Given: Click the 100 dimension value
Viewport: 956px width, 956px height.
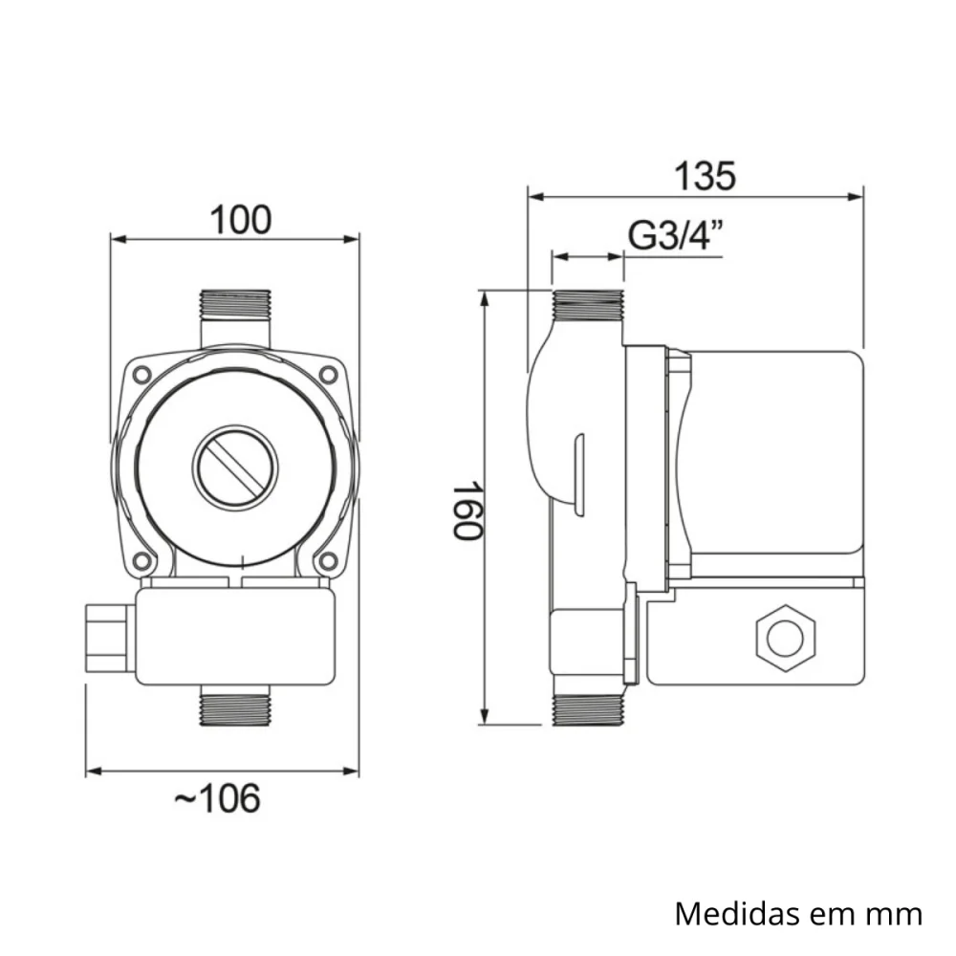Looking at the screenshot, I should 241,220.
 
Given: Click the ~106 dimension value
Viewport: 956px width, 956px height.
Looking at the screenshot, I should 217,796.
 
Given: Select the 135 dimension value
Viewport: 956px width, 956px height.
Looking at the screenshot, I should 706,176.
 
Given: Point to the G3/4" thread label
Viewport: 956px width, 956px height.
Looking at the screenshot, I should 676,235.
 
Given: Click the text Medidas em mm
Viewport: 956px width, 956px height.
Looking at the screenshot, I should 798,913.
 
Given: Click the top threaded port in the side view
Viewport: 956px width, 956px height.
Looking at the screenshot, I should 587,304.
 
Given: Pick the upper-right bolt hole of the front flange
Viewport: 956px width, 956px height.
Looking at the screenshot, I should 330,374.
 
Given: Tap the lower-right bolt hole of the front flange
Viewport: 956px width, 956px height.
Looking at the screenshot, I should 330,561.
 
